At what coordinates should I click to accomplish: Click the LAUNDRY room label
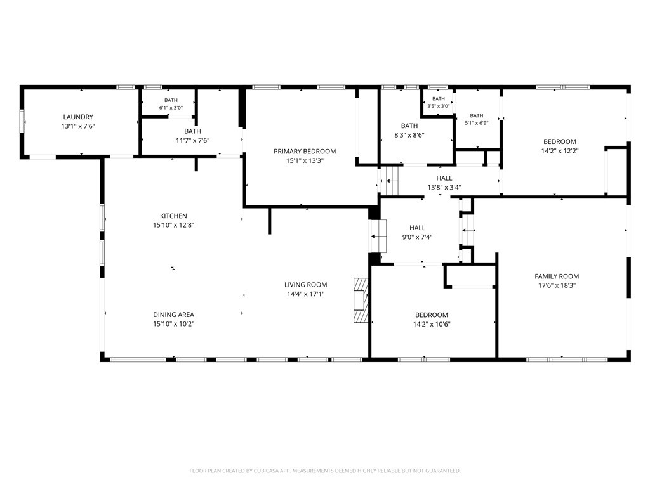tap(78, 117)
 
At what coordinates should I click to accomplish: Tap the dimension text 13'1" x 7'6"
tap(78, 126)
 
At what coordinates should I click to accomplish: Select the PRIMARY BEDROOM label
tap(305, 152)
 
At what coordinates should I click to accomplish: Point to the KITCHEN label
tap(173, 216)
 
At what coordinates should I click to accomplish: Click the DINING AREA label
tap(173, 315)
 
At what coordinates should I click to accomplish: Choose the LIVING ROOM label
tap(305, 285)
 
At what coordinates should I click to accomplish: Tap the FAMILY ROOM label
tap(557, 276)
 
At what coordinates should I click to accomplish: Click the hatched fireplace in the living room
tap(361, 300)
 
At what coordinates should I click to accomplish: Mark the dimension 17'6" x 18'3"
tap(557, 285)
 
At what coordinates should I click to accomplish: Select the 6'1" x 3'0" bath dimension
tap(171, 108)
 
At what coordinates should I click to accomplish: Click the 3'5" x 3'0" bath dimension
tap(439, 106)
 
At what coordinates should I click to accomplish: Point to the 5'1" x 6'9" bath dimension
tap(477, 123)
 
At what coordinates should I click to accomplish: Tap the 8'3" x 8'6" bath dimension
tap(409, 135)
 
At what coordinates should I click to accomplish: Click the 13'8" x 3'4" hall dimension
tap(444, 188)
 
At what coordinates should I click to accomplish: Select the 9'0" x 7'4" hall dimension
tap(418, 237)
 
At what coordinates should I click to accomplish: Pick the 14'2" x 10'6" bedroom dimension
tap(432, 324)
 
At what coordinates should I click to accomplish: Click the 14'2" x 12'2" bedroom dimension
tap(560, 151)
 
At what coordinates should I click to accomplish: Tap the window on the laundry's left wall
tap(22, 121)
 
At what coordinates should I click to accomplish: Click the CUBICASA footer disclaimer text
tap(325, 471)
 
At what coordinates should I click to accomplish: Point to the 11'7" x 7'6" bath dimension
tap(193, 141)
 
